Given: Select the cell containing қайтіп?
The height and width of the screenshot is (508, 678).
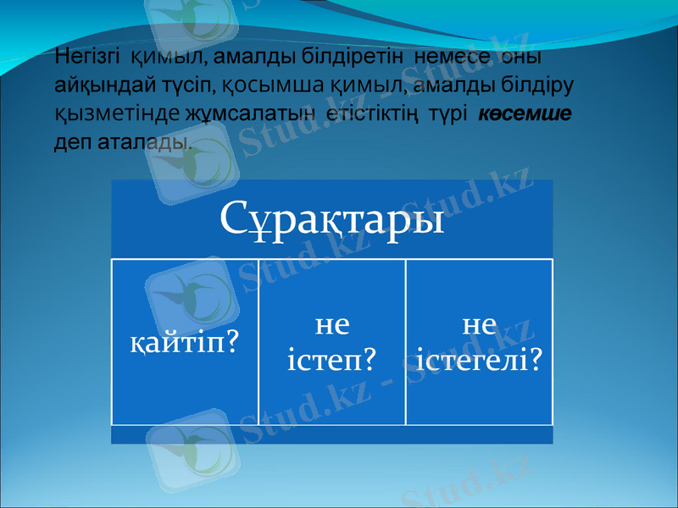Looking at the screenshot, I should coord(184,342).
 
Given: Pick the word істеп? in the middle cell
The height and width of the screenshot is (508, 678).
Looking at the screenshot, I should coord(331,359).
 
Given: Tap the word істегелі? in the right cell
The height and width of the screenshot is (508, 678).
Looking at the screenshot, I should coord(480,359).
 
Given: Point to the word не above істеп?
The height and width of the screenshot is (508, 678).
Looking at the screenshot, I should coord(331,324).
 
